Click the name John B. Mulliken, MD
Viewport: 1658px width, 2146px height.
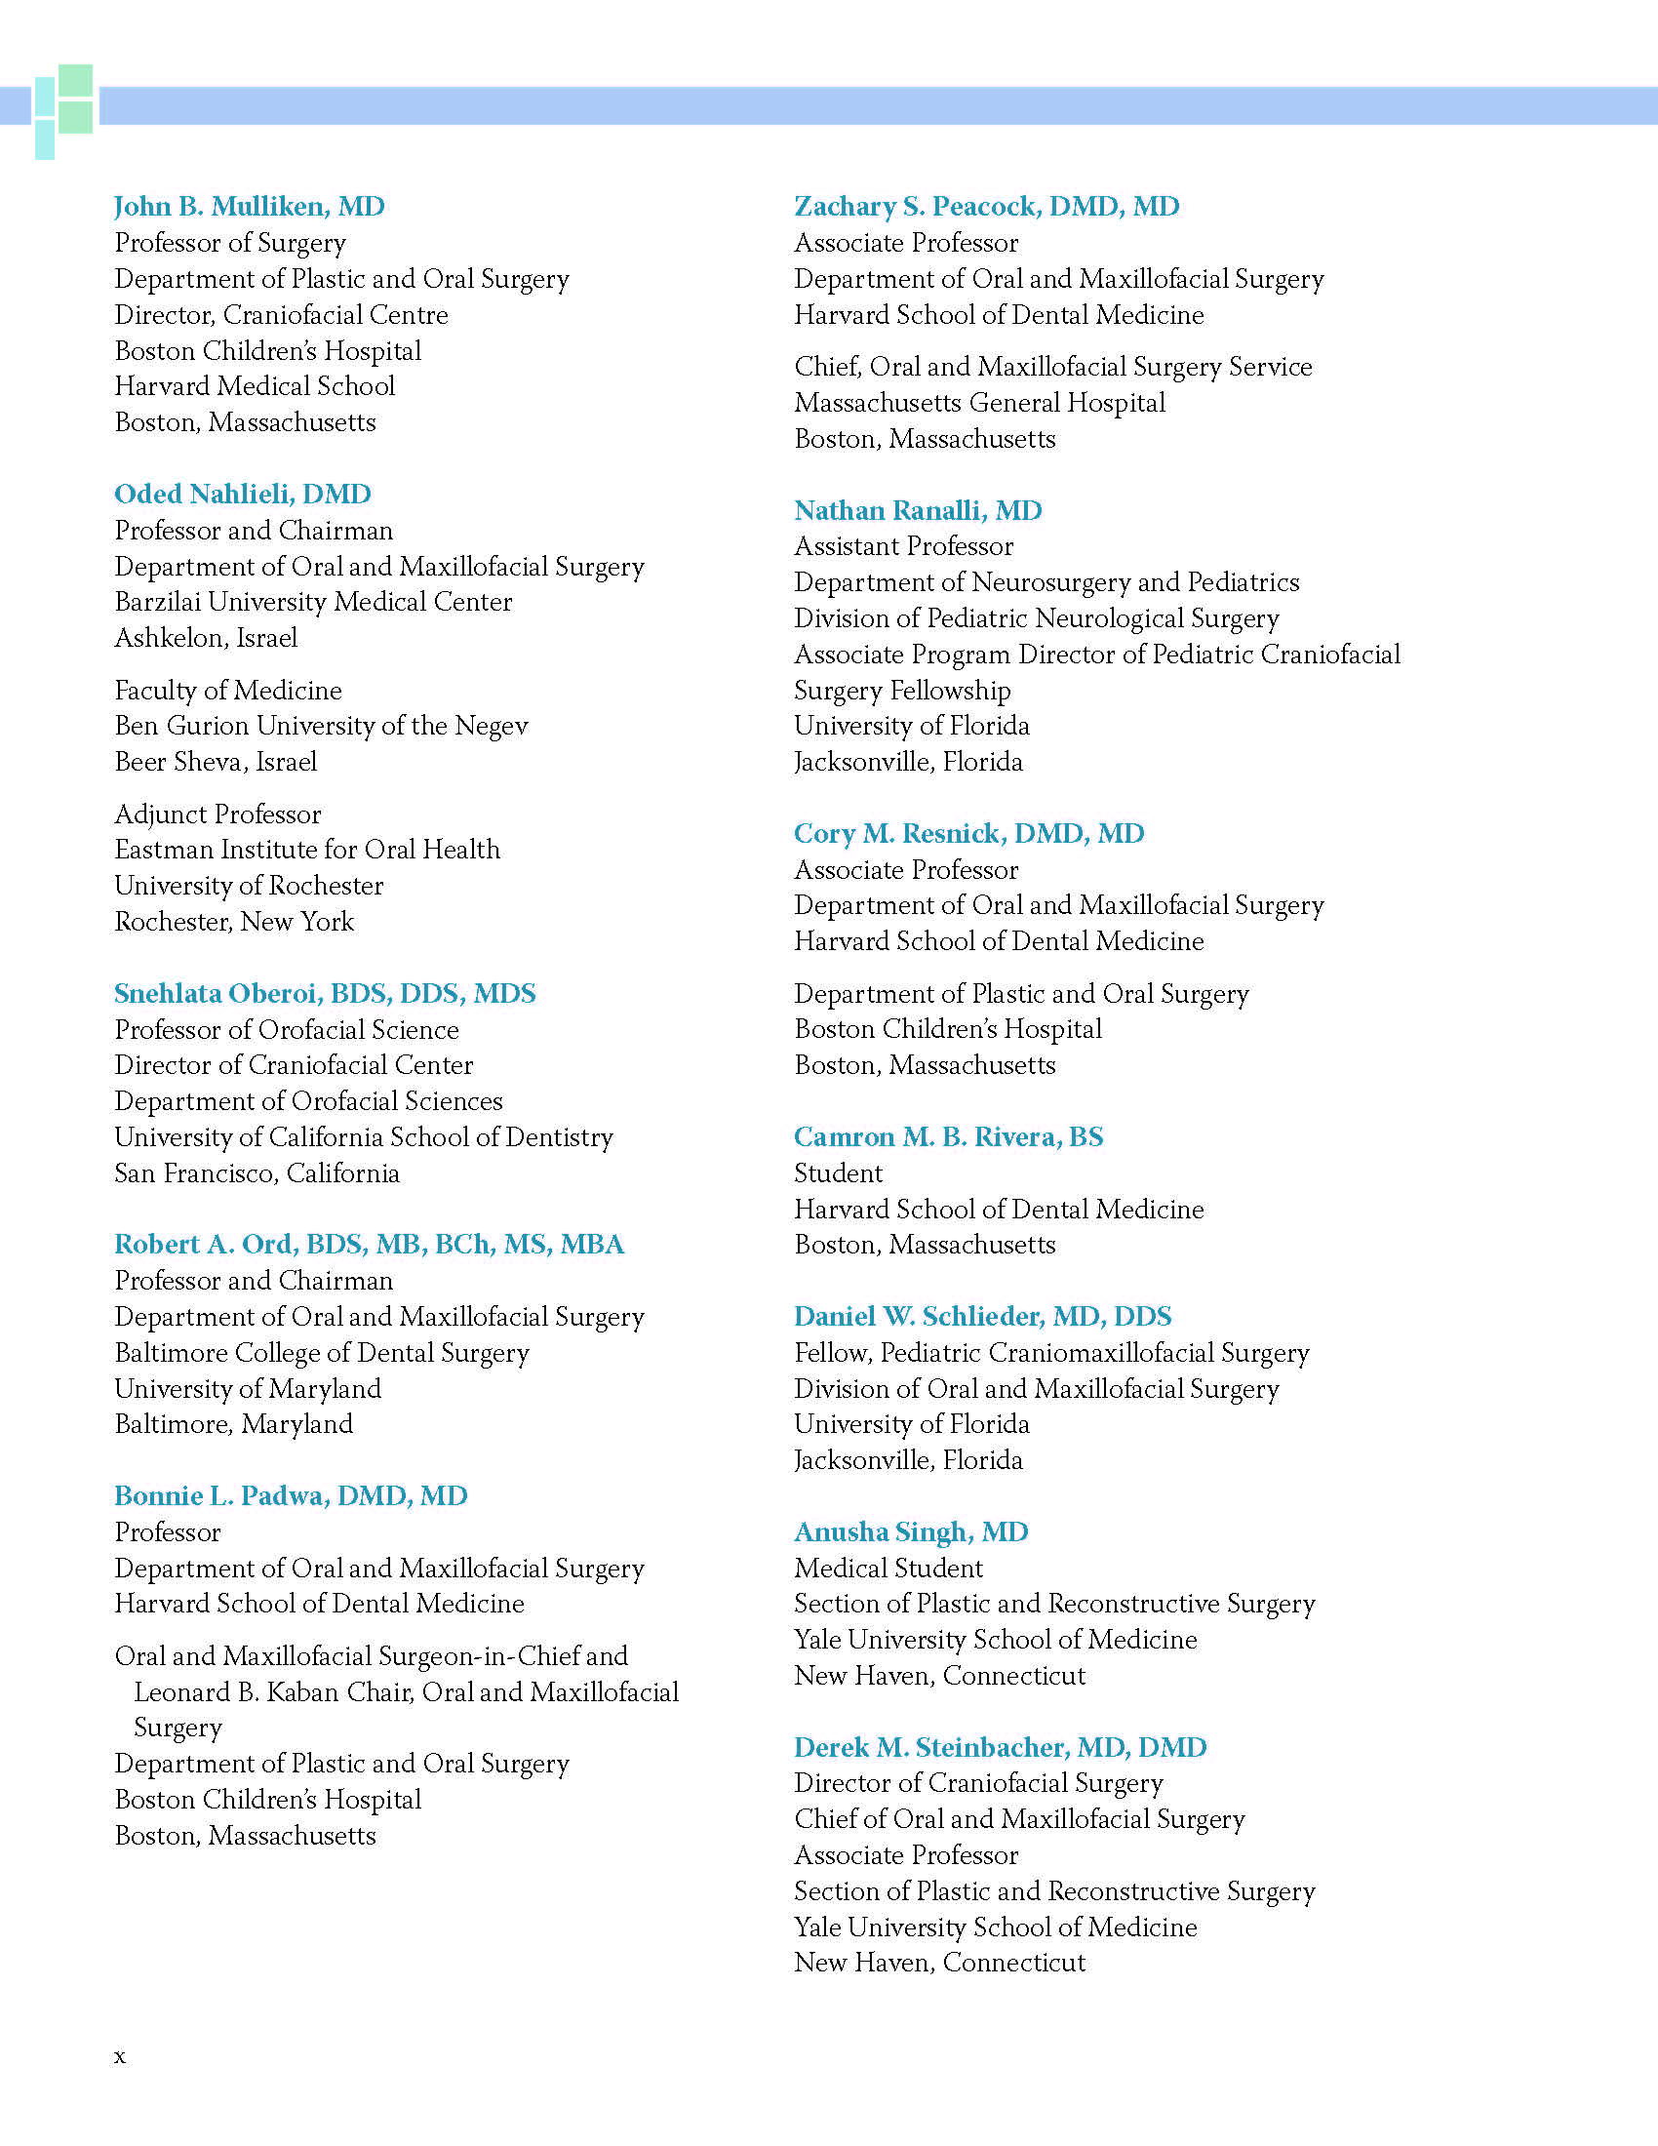[x=250, y=207]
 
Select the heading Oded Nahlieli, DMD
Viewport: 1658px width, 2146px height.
[x=243, y=494]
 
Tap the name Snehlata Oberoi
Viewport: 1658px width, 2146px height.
[x=324, y=993]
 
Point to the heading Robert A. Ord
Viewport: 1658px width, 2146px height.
[x=369, y=1244]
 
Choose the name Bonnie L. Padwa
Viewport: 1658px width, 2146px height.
[x=291, y=1495]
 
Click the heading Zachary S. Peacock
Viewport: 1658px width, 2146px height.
[x=986, y=207]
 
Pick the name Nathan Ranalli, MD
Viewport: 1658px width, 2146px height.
[x=918, y=510]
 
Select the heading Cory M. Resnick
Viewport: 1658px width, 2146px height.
[x=968, y=833]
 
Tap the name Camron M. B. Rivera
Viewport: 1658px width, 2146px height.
[x=948, y=1136]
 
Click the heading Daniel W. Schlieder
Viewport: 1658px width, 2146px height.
[x=982, y=1316]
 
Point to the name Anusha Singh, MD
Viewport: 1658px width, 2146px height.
[x=911, y=1531]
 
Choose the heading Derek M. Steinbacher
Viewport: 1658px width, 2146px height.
[x=1000, y=1747]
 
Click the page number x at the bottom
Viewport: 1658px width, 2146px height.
[x=120, y=2056]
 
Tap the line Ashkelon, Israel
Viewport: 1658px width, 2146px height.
[x=206, y=638]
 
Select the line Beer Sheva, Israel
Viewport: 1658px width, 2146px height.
[x=217, y=762]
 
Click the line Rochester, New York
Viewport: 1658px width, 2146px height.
[x=234, y=922]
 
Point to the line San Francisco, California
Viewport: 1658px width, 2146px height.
[x=257, y=1173]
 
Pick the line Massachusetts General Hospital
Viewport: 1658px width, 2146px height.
[x=979, y=403]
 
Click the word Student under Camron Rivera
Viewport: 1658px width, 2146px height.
[x=838, y=1173]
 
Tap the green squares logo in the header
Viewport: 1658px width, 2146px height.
[x=64, y=110]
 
